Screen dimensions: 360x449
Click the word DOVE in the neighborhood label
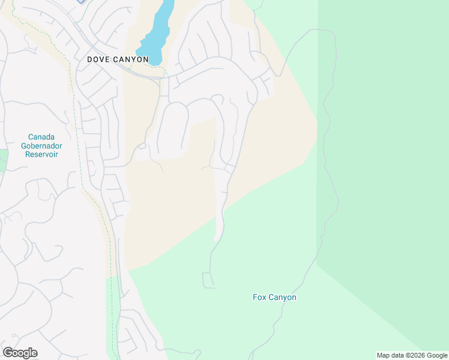(98, 59)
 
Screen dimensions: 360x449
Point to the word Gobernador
(44, 145)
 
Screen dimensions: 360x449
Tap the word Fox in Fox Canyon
(259, 297)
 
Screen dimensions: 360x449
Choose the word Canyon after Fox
(282, 298)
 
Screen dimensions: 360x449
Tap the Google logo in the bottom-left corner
(20, 353)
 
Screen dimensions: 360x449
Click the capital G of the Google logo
(7, 352)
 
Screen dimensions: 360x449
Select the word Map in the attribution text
(384, 355)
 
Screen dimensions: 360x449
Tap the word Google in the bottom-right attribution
(438, 355)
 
